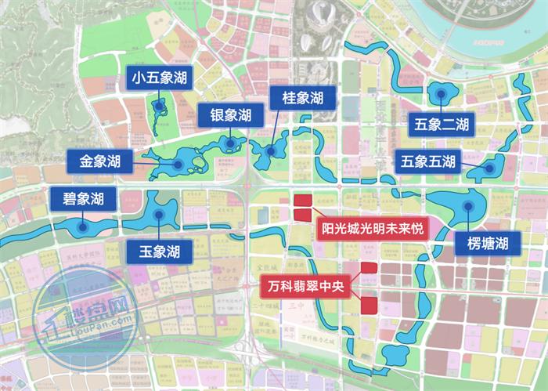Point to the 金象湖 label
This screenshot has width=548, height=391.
(x=99, y=162)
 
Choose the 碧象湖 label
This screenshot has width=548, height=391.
(x=83, y=199)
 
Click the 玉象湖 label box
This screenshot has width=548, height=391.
(x=160, y=252)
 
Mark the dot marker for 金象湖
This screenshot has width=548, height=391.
(x=178, y=165)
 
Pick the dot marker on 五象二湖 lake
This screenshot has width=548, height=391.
(x=442, y=94)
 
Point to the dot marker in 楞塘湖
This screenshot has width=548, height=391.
(x=467, y=206)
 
